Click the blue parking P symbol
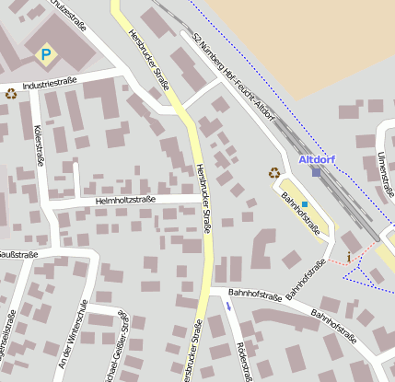(x=44, y=55)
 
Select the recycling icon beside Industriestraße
(x=11, y=93)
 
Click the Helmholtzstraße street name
(x=125, y=199)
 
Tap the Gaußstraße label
(x=17, y=254)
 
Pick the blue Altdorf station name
(x=317, y=159)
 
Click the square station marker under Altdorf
(x=317, y=172)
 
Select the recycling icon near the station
(x=273, y=172)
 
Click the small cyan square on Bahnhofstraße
(x=304, y=191)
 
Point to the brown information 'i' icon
(x=348, y=255)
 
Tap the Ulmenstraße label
(x=384, y=174)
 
